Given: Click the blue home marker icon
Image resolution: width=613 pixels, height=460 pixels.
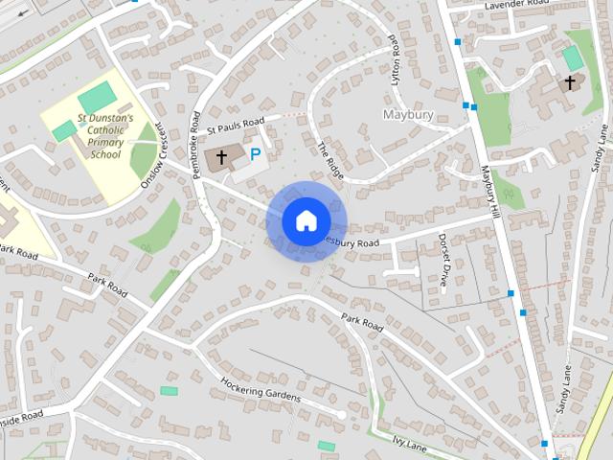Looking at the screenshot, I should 306,221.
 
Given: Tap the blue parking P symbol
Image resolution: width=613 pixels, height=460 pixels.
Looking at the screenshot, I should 255,153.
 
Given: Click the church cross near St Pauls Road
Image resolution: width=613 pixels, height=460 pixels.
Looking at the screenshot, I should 222,156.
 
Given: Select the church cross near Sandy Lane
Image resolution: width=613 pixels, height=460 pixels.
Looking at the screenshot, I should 570,83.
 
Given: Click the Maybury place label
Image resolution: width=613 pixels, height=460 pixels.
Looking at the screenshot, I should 408,114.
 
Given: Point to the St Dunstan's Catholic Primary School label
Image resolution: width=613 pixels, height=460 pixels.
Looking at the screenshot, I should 91,135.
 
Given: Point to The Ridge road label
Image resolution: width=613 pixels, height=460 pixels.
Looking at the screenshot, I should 329,158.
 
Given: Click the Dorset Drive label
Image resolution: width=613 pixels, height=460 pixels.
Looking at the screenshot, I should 443,261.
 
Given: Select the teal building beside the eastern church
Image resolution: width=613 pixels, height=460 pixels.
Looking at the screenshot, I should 573,58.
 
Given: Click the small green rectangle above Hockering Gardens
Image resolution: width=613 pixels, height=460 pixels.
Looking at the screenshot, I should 170,391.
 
